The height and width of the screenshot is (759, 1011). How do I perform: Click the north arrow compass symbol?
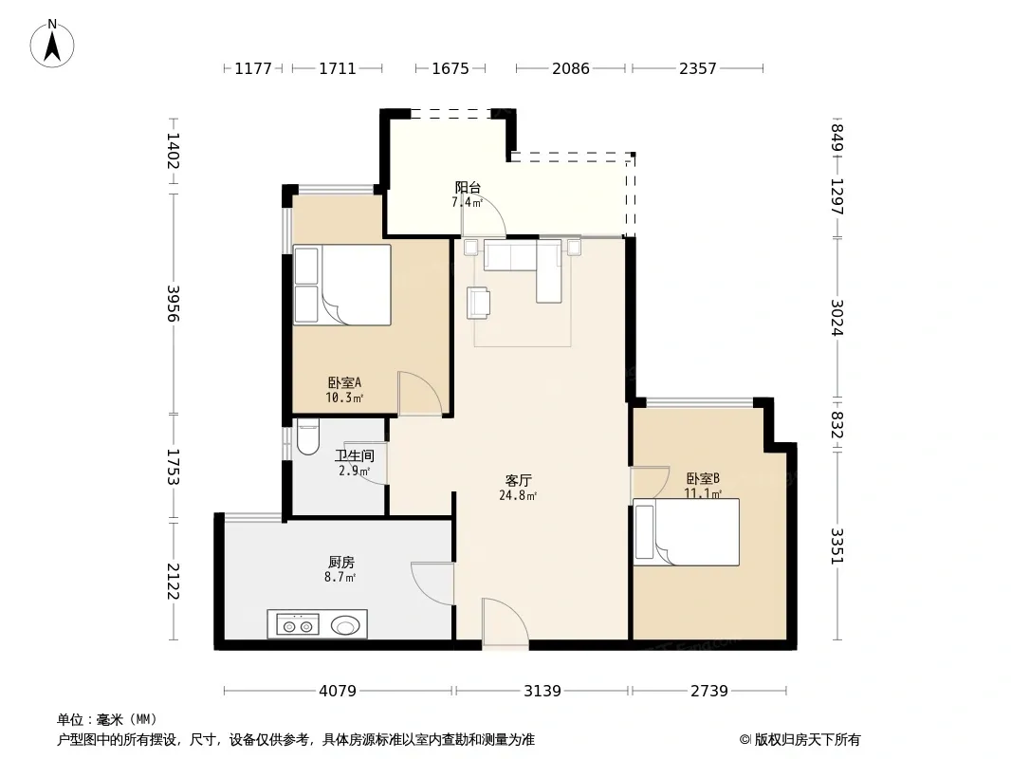(x=52, y=44)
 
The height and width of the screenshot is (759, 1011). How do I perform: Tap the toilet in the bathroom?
(x=308, y=436)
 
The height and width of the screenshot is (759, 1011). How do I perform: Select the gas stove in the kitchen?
(x=298, y=625)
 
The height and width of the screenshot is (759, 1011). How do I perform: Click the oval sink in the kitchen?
(x=345, y=625)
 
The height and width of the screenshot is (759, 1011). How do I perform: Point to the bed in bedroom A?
(x=342, y=285)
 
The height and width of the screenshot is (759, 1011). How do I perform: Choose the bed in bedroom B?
(x=686, y=532)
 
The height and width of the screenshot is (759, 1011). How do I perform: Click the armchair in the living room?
(x=478, y=303)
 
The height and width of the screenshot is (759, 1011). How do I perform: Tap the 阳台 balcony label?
(x=468, y=188)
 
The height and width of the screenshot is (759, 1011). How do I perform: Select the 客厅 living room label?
(x=519, y=480)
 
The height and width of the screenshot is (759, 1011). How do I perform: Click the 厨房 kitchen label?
(x=341, y=563)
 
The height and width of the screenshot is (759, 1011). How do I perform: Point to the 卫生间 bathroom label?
(x=355, y=456)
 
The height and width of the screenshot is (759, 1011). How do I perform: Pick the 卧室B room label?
(x=703, y=478)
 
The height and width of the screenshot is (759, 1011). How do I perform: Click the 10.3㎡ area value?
(x=344, y=398)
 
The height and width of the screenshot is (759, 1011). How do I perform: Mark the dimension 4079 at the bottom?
(x=338, y=691)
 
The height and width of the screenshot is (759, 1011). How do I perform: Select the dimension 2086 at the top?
(x=571, y=68)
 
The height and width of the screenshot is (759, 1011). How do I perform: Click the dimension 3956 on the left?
(x=173, y=303)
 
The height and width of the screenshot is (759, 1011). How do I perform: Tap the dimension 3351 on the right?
(x=836, y=546)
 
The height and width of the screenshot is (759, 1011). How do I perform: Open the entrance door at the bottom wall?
(x=505, y=623)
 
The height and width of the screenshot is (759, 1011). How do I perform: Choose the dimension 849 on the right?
(x=836, y=138)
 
